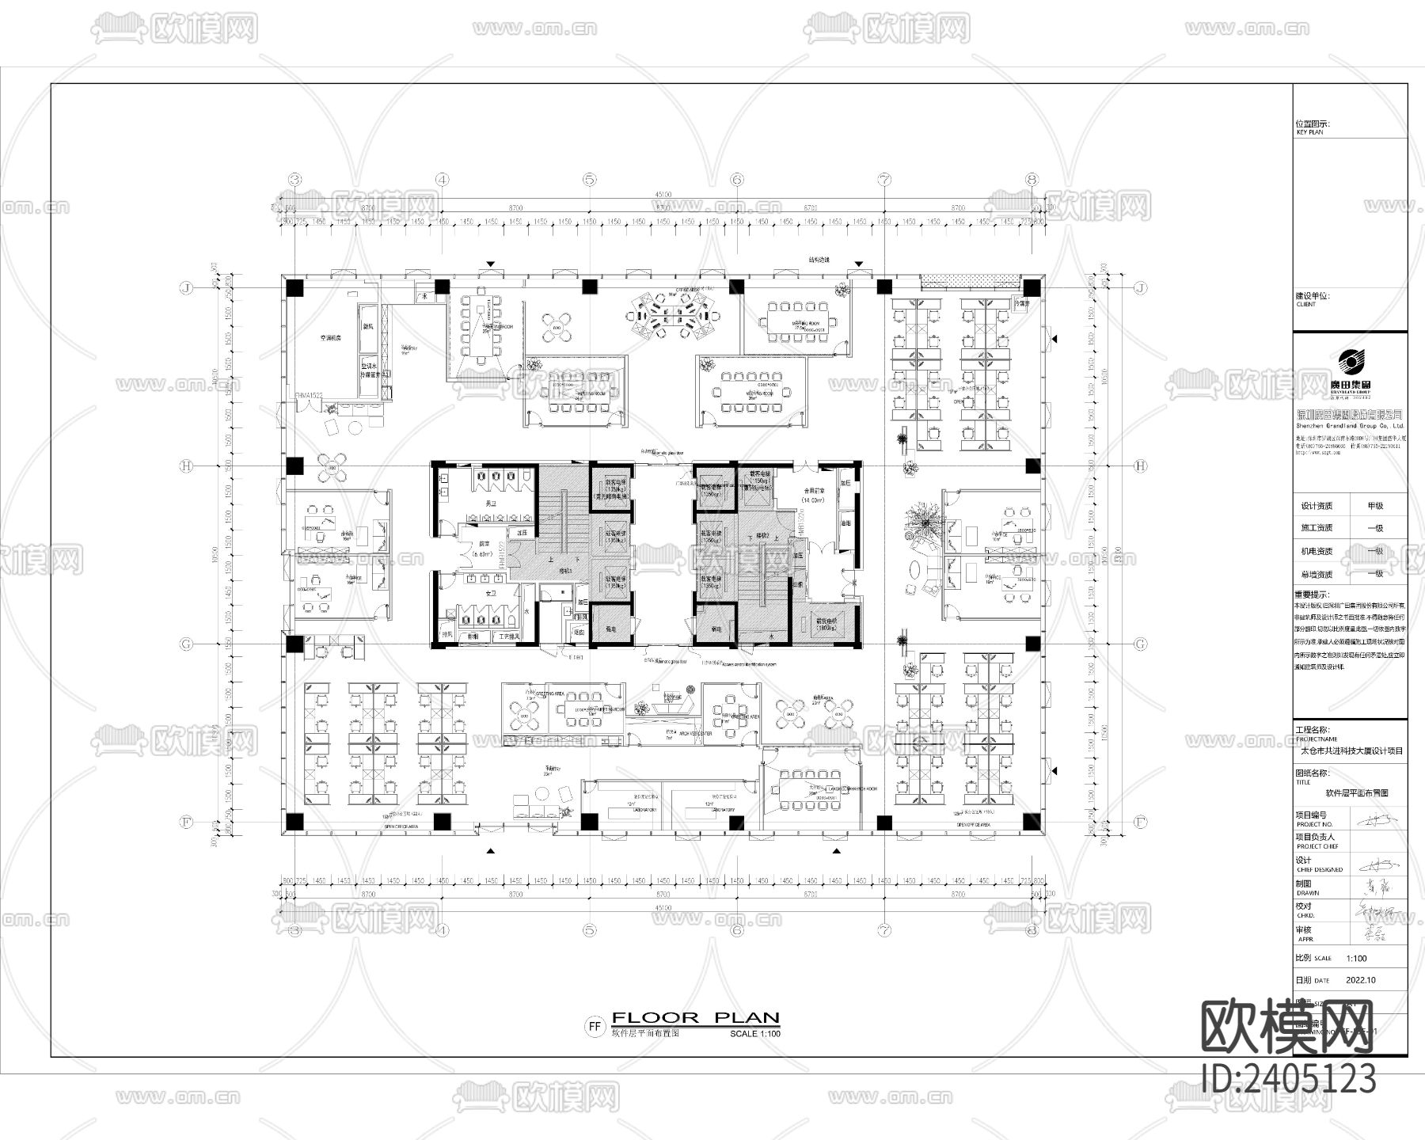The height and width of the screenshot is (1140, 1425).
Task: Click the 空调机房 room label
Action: tap(329, 338)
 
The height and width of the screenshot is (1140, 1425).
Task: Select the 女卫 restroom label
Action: tap(491, 593)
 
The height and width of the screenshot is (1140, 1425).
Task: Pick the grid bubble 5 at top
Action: tap(590, 180)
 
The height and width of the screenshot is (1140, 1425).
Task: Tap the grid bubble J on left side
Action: tap(187, 287)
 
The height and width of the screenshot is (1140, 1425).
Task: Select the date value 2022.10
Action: tap(1360, 980)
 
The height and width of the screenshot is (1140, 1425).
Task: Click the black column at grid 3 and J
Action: tap(294, 287)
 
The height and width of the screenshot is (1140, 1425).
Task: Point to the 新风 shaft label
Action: tap(369, 325)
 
